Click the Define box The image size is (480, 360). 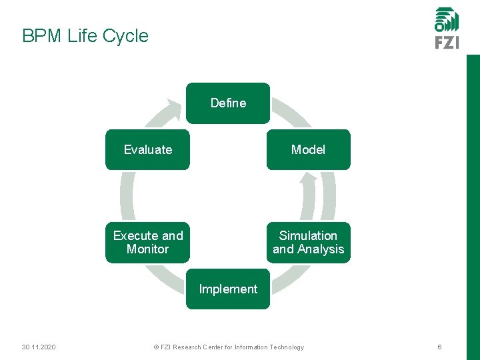228,103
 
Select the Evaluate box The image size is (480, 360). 147,150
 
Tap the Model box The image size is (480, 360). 308,150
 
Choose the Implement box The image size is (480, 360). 228,289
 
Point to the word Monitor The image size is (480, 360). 147,249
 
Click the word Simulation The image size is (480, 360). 308,236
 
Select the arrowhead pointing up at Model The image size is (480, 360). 308,179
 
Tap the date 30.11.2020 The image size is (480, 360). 39,347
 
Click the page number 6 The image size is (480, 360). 439,347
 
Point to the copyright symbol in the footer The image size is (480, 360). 155,347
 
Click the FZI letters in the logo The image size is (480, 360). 447,42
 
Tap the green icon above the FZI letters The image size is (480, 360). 447,19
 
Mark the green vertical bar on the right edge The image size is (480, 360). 473,200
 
